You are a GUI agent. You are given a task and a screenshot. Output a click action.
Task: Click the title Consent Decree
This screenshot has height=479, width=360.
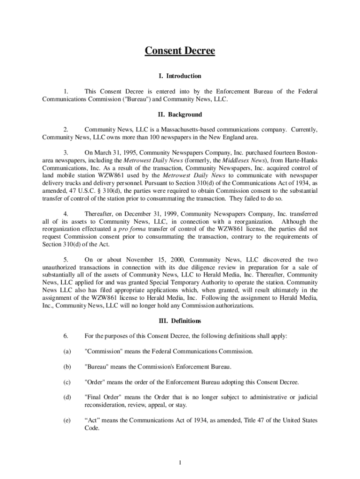coord(180,51)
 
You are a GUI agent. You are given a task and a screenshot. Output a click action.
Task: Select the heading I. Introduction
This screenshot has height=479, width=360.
coord(180,76)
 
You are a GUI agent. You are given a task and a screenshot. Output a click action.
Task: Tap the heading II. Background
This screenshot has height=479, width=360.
coord(180,115)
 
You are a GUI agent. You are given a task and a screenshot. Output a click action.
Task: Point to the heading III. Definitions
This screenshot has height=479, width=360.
coord(180,321)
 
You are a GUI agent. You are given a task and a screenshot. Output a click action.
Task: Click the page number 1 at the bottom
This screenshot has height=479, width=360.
coord(180,463)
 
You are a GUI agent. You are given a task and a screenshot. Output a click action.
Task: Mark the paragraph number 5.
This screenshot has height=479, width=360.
coord(66,260)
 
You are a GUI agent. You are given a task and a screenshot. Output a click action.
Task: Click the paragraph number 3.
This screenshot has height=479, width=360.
coord(66,152)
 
